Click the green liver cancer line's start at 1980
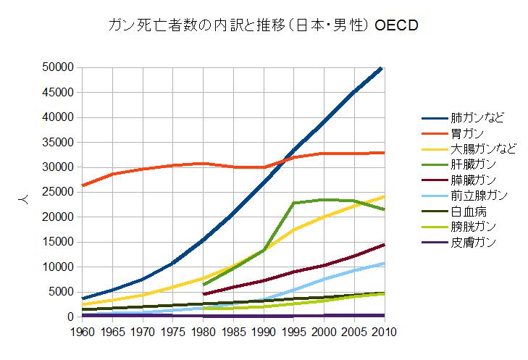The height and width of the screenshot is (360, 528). [x=203, y=285]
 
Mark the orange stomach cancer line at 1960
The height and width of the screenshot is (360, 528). [x=83, y=185]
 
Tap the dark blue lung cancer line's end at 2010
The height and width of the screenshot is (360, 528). [x=382, y=67]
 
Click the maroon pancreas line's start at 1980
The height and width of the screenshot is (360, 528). [x=203, y=294]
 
